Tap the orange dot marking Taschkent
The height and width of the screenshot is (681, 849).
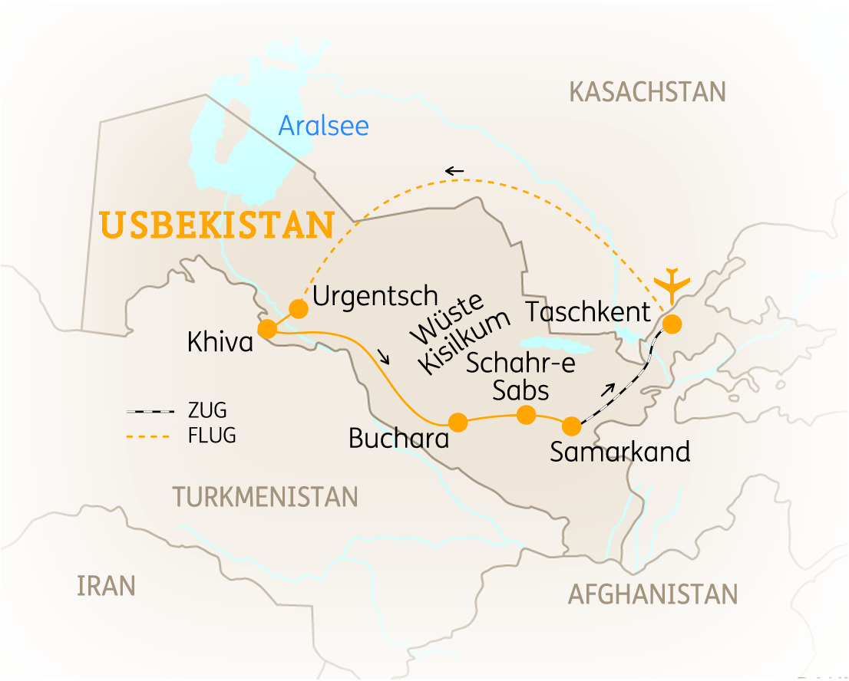click(672, 324)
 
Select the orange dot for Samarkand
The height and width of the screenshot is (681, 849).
click(571, 426)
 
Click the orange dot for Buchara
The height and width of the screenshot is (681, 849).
click(458, 422)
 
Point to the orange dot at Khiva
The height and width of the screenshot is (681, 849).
click(267, 329)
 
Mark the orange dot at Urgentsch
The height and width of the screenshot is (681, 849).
click(298, 309)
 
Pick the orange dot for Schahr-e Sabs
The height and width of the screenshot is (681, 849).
click(526, 415)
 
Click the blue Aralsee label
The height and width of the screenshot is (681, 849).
click(323, 125)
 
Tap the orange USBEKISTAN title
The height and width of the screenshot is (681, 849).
click(217, 225)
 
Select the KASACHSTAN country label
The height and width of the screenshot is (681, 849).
click(647, 92)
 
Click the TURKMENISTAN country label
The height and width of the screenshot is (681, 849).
click(266, 497)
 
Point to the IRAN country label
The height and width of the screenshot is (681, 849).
click(106, 587)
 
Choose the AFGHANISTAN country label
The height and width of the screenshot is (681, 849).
click(652, 594)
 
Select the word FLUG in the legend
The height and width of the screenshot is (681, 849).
click(212, 437)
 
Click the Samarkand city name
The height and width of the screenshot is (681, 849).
click(620, 452)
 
